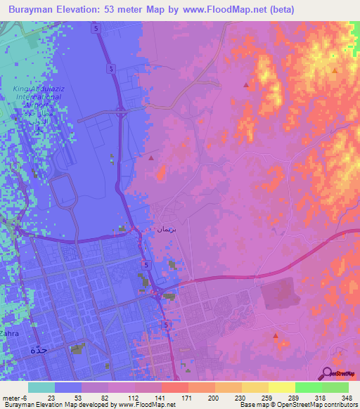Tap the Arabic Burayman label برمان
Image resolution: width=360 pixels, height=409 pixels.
[162, 230]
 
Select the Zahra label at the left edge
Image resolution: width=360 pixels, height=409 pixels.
[8, 333]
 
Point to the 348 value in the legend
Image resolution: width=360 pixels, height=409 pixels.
[346, 398]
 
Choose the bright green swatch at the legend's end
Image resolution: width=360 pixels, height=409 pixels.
[336, 387]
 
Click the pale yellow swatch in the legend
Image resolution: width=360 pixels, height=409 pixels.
[283, 387]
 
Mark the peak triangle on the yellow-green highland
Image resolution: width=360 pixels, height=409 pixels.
[335, 70]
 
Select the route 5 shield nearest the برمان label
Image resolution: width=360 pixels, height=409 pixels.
[146, 264]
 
